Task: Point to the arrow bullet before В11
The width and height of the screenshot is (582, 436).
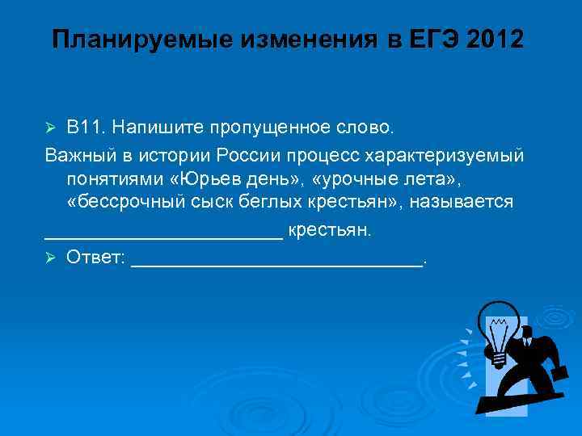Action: click(50, 128)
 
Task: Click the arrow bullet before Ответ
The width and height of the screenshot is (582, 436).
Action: click(50, 258)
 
